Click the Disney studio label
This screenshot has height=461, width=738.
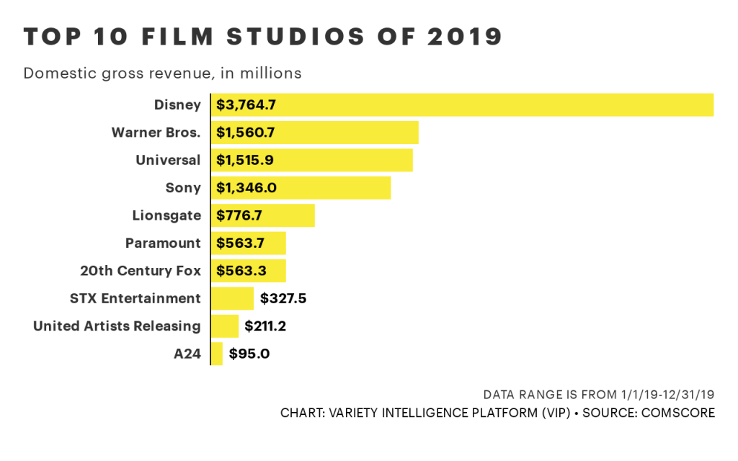pos(177,104)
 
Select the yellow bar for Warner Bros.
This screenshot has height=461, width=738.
pos(315,133)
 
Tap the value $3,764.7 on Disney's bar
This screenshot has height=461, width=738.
pos(246,105)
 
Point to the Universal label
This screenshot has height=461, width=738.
pos(168,160)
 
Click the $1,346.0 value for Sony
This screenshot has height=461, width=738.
pos(246,188)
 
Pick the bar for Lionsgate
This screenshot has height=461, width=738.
pos(263,215)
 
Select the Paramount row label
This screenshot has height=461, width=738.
pos(163,243)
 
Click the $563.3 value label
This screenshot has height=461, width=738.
pos(241,271)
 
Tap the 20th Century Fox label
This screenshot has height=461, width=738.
pos(141,271)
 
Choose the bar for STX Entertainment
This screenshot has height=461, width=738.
pos(232,298)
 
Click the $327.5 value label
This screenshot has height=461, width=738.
pos(283,298)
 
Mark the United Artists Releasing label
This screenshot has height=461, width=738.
pos(117,326)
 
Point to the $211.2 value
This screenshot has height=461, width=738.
pos(266,326)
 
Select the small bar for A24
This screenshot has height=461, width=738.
pos(217,354)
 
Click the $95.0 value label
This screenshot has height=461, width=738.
pos(249,354)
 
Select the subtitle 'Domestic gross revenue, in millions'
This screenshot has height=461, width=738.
pos(162,73)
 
